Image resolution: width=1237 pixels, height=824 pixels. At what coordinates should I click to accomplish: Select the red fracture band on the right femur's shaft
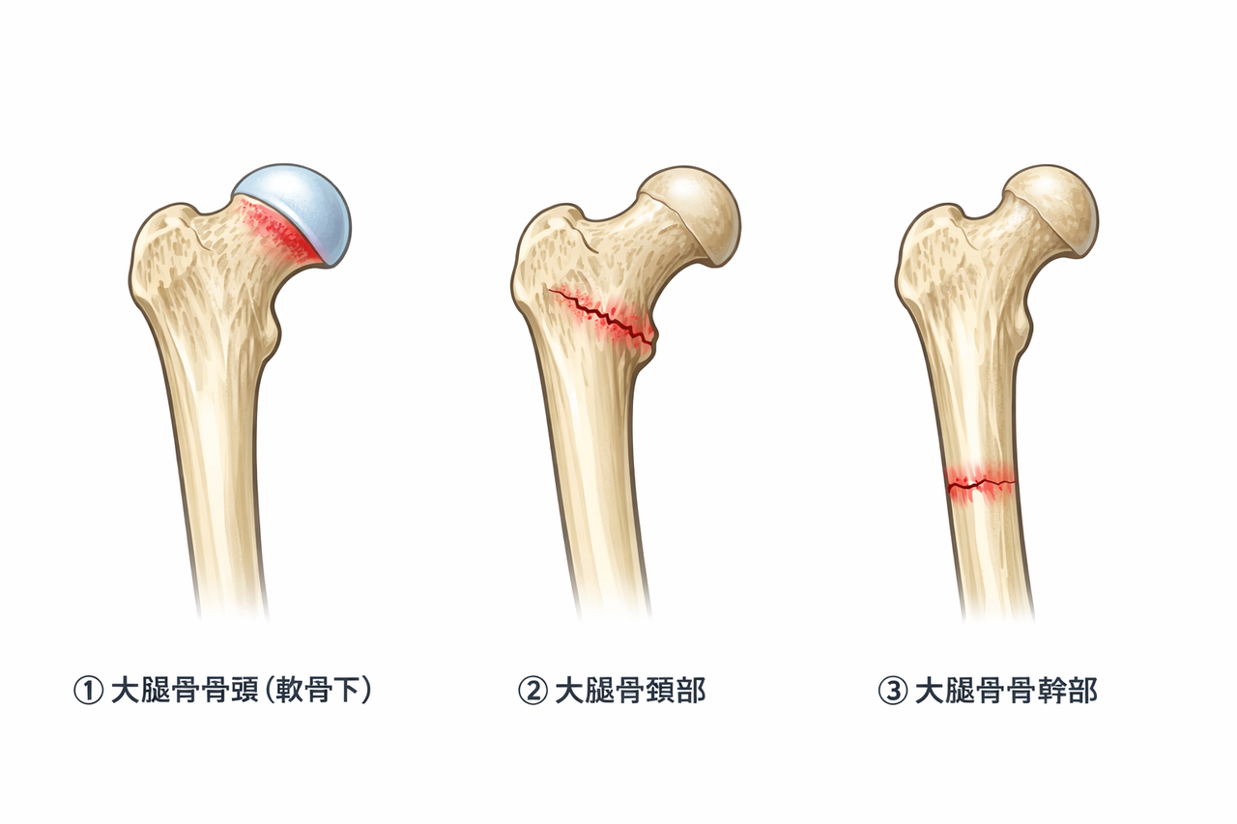coord(980,482)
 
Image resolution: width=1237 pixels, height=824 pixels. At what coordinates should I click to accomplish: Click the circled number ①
coord(88,692)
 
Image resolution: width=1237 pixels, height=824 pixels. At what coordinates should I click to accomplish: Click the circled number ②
coord(532,692)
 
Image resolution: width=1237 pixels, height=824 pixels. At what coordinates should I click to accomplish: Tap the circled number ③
coord(891,692)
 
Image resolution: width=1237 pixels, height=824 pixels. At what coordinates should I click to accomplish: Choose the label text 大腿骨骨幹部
coord(1005,692)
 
